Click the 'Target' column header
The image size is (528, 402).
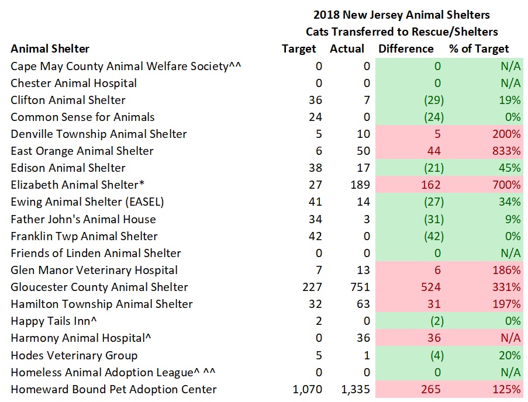coord(299,49)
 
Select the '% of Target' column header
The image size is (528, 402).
coord(479,49)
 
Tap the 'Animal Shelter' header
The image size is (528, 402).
coord(50,49)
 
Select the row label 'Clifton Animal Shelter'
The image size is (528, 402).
coord(68,100)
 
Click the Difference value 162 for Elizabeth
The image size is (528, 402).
coord(431,185)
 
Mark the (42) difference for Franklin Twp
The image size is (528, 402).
coord(433,237)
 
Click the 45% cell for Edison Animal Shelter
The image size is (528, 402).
coord(510,168)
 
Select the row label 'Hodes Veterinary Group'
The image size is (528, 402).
coord(74,356)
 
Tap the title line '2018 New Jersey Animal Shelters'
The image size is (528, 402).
coord(401,15)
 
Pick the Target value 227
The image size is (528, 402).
coord(311,287)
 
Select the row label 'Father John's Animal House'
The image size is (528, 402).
coord(83,220)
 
